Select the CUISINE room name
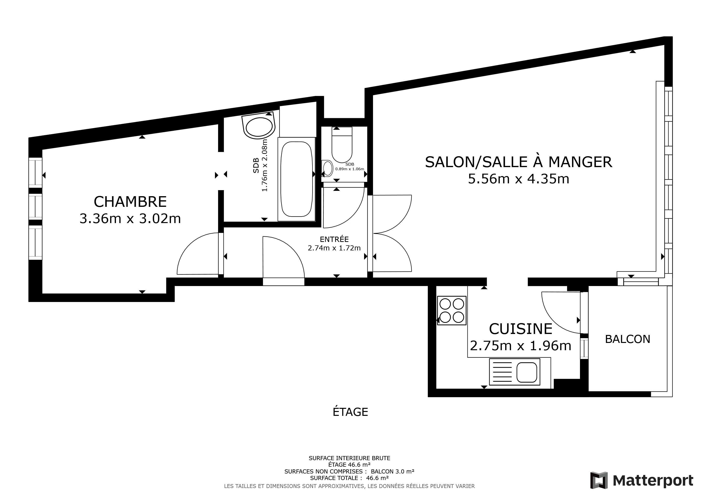click(x=521, y=329)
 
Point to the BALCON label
click(x=627, y=339)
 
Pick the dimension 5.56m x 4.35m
click(x=518, y=179)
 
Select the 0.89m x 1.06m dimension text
click(x=350, y=169)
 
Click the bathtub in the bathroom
click(x=296, y=179)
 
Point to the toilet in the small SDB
click(x=342, y=145)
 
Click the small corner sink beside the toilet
click(x=327, y=168)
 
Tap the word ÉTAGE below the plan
click(x=350, y=412)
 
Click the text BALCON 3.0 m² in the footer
click(x=392, y=472)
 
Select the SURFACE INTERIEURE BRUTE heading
click(x=349, y=458)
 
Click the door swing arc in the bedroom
click(x=189, y=244)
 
